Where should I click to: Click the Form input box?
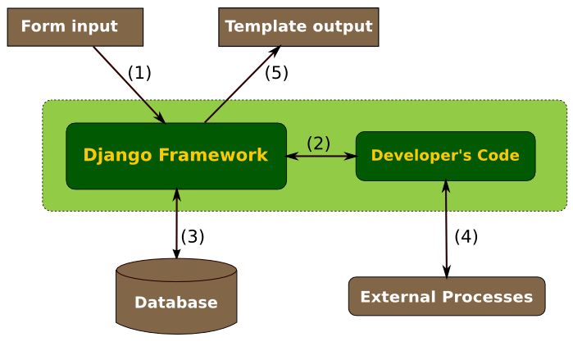75,27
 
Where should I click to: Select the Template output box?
298,27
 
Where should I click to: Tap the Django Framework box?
176,156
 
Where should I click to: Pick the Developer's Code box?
445,156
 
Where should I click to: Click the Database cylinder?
176,296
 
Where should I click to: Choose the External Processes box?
447,296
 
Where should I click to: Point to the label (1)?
139,72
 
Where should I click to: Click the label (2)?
318,144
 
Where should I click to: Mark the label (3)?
193,236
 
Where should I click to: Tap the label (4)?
466,236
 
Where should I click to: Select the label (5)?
276,72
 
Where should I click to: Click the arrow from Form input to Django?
130,85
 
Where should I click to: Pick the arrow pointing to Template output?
243,84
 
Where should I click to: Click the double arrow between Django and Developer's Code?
321,157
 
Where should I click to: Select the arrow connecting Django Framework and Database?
177,224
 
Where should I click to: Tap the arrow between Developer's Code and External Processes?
446,229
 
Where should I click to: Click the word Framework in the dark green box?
213,155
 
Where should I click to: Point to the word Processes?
488,297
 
